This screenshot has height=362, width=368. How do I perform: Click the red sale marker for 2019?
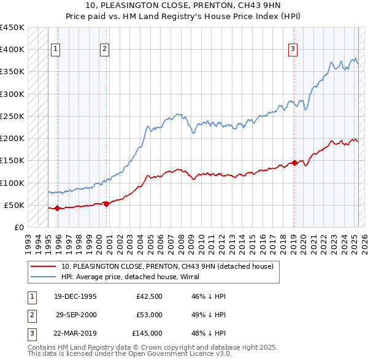(294, 163)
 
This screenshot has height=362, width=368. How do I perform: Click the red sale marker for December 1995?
(57, 208)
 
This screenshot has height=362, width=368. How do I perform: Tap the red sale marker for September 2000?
(106, 204)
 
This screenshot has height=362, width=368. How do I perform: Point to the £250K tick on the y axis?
(12, 116)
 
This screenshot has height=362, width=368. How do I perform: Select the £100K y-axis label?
(12, 183)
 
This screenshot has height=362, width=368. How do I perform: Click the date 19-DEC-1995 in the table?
(75, 296)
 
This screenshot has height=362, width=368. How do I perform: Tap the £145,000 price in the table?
(147, 333)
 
